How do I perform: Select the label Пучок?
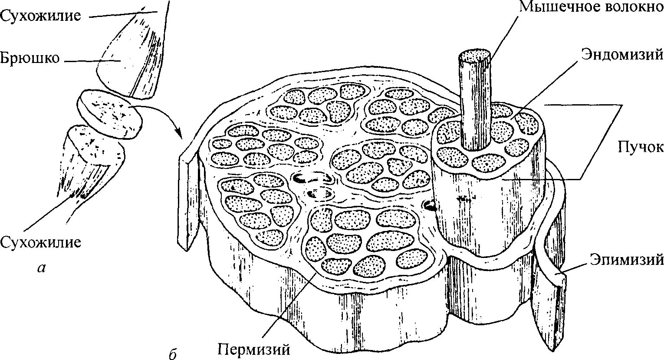641,147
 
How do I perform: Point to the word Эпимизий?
627,260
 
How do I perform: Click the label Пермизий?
253,349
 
